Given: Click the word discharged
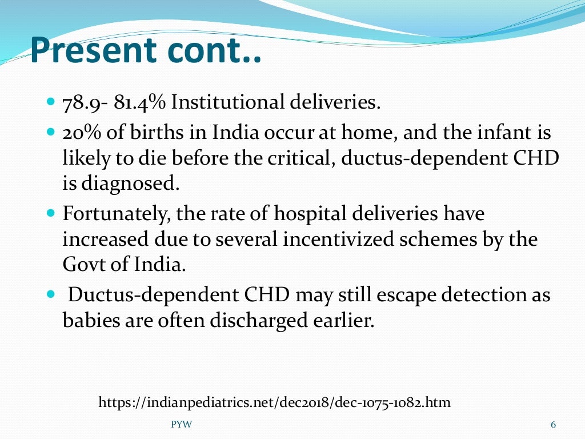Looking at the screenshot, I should (x=260, y=321).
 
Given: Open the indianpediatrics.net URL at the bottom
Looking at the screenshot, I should (x=274, y=402).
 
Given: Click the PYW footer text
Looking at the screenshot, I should (x=182, y=424).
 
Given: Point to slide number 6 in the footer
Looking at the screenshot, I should (x=552, y=424).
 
